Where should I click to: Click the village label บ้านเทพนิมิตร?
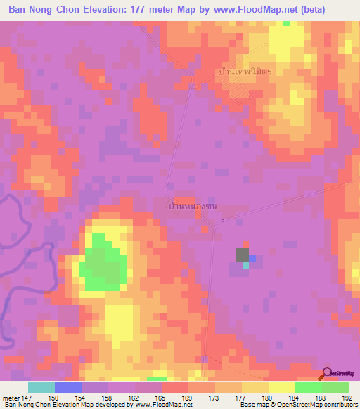pyautogui.click(x=245, y=72)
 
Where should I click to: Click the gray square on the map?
pyautogui.click(x=242, y=255)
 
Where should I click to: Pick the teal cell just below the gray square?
pyautogui.click(x=245, y=266)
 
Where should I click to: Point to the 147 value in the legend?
pyautogui.click(x=27, y=397)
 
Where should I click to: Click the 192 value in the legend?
pyautogui.click(x=347, y=397)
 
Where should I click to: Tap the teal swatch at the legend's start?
pyautogui.click(x=41, y=387)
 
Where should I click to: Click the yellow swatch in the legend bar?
pyautogui.click(x=281, y=387)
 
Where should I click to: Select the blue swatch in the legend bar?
pyautogui.click(x=68, y=387)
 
